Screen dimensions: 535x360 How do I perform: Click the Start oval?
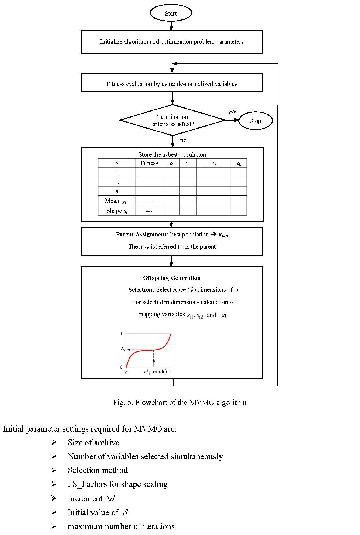(171, 13)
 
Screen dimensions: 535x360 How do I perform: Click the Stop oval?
(255, 121)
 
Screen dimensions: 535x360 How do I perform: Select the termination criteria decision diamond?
(172, 120)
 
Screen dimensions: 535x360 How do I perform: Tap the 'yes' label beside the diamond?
(232, 111)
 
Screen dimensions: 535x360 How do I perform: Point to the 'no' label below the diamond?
(183, 140)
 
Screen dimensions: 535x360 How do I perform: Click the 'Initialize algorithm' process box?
(172, 42)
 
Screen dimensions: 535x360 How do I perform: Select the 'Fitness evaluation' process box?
(172, 84)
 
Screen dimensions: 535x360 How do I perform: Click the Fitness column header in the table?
(149, 163)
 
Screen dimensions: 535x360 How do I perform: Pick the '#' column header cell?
(117, 163)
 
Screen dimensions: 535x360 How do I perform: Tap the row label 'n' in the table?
(117, 191)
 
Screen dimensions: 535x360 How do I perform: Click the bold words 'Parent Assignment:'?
(142, 235)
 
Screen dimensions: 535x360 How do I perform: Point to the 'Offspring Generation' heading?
(172, 278)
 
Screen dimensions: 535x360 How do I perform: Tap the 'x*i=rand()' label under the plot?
(155, 372)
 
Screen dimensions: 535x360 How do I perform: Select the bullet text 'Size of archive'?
(93, 443)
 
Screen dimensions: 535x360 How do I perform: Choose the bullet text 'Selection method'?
(98, 470)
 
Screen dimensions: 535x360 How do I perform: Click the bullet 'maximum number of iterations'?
(121, 526)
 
